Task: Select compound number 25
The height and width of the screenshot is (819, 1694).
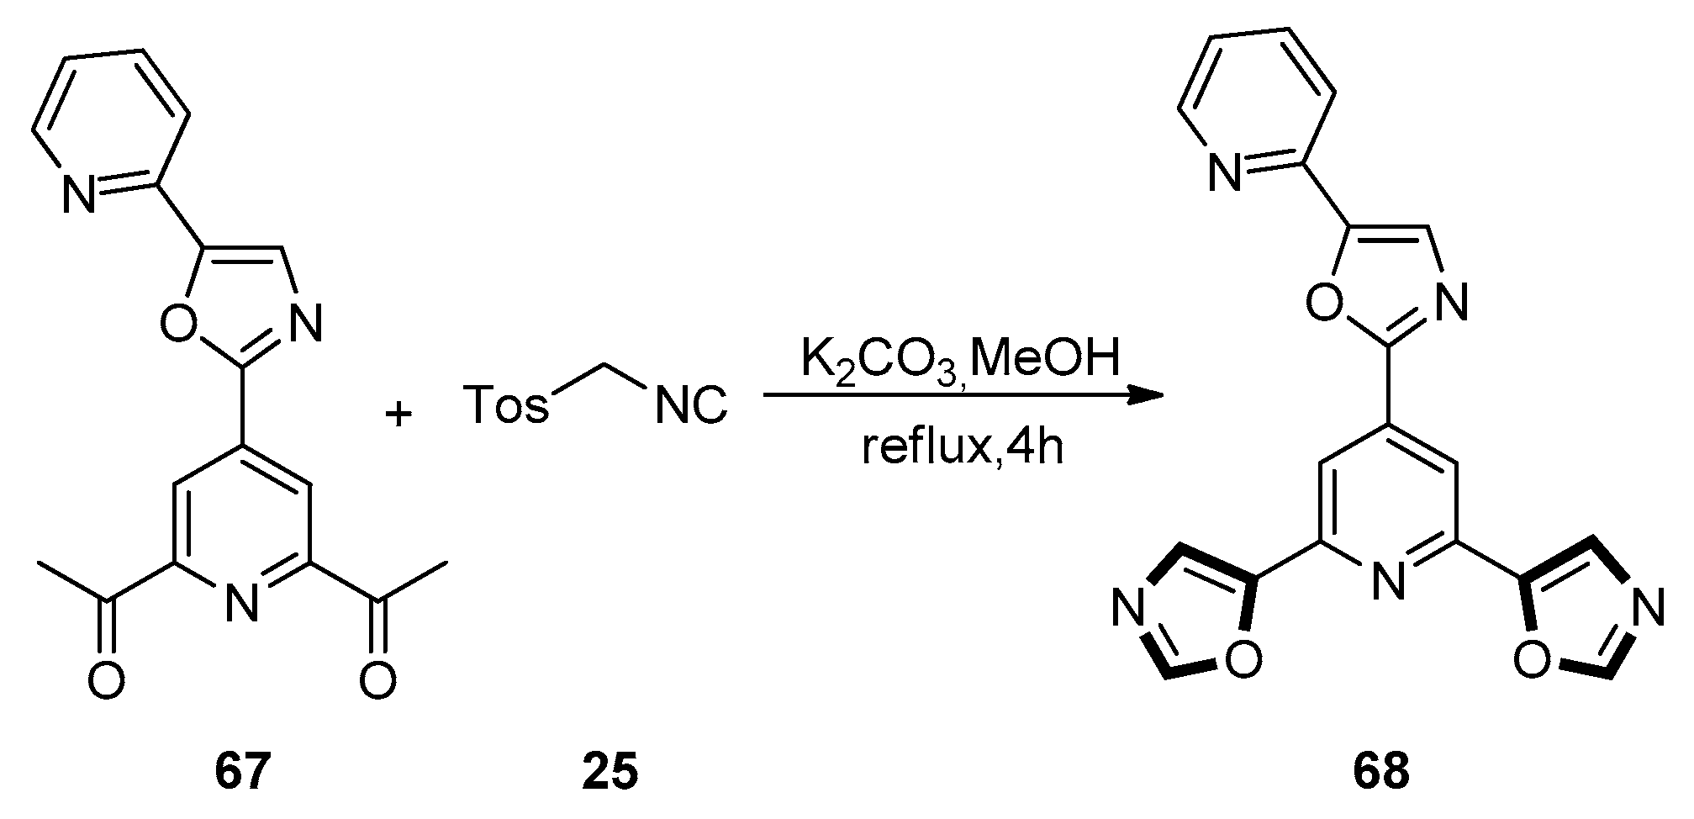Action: pos(610,771)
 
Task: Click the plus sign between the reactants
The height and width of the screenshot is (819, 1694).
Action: pos(398,414)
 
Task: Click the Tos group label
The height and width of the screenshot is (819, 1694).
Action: pos(505,405)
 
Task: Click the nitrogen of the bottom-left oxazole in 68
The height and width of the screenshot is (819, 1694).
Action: pos(1130,607)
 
